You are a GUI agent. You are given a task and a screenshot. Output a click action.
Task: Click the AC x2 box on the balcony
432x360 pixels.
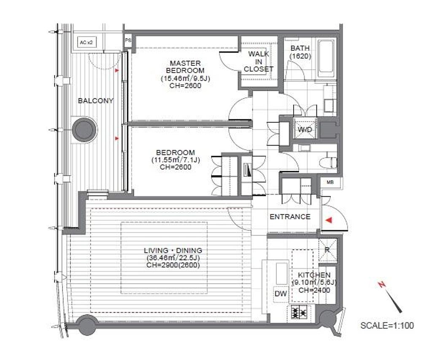coord(87,43)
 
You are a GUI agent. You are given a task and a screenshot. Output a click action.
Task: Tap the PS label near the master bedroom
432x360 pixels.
coord(128,40)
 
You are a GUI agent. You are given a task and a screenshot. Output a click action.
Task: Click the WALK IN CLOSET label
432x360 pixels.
coord(258,62)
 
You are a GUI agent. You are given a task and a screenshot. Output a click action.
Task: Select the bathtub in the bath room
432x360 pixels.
coord(327,59)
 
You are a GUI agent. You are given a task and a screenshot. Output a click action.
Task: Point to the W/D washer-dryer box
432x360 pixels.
coord(305,129)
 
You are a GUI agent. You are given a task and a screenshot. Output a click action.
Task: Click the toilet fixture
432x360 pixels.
coord(329,162)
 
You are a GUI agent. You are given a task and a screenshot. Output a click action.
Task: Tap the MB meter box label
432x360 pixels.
coord(330,182)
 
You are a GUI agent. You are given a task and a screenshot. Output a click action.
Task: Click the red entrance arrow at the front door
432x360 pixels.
coord(329,220)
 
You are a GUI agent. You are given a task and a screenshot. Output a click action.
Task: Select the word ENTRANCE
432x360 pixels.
coord(290,217)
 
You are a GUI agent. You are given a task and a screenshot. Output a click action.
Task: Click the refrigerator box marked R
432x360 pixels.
coord(327,250)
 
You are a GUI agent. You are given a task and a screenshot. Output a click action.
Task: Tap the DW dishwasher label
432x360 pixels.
coord(281,294)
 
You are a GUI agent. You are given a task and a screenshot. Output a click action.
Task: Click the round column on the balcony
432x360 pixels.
coord(84,130)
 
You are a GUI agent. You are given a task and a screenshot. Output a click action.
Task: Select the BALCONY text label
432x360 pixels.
coord(96,100)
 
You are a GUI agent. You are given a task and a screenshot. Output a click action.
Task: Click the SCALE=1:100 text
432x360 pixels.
coord(387,325)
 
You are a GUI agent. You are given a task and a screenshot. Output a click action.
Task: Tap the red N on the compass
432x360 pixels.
coord(382,284)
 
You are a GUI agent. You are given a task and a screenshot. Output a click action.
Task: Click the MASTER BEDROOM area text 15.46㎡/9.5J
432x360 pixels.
coord(185,78)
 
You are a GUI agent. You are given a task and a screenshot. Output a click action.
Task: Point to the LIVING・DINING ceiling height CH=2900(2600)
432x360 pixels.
coord(173,265)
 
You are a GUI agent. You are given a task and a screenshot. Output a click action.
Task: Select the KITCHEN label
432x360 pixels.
coord(314,275)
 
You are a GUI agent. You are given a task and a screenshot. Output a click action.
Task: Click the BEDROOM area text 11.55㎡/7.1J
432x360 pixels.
coord(176,160)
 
